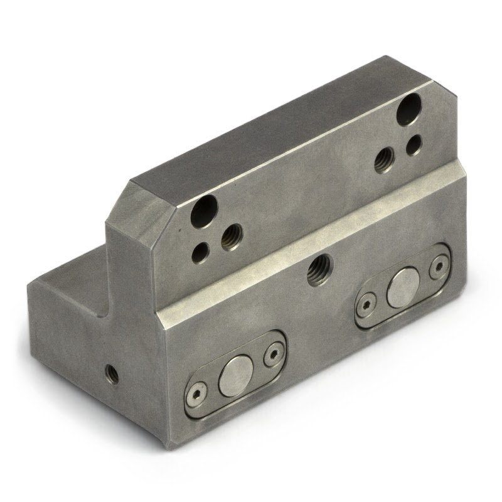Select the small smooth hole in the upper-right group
pyautogui.click(x=414, y=146)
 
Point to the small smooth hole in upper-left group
pyautogui.click(x=201, y=252)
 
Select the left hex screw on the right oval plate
pyautogui.click(x=362, y=307)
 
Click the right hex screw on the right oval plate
pyautogui.click(x=437, y=267)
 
